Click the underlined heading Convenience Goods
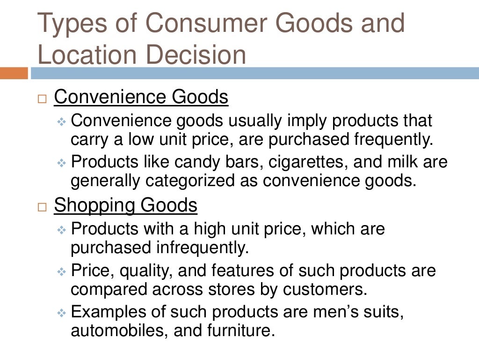(141, 97)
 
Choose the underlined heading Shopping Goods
(125, 205)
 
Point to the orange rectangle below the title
(14, 73)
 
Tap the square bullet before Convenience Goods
(43, 99)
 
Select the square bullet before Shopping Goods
(43, 207)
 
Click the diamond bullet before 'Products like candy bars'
(62, 163)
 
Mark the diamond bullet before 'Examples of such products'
(62, 313)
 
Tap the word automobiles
(117, 330)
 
